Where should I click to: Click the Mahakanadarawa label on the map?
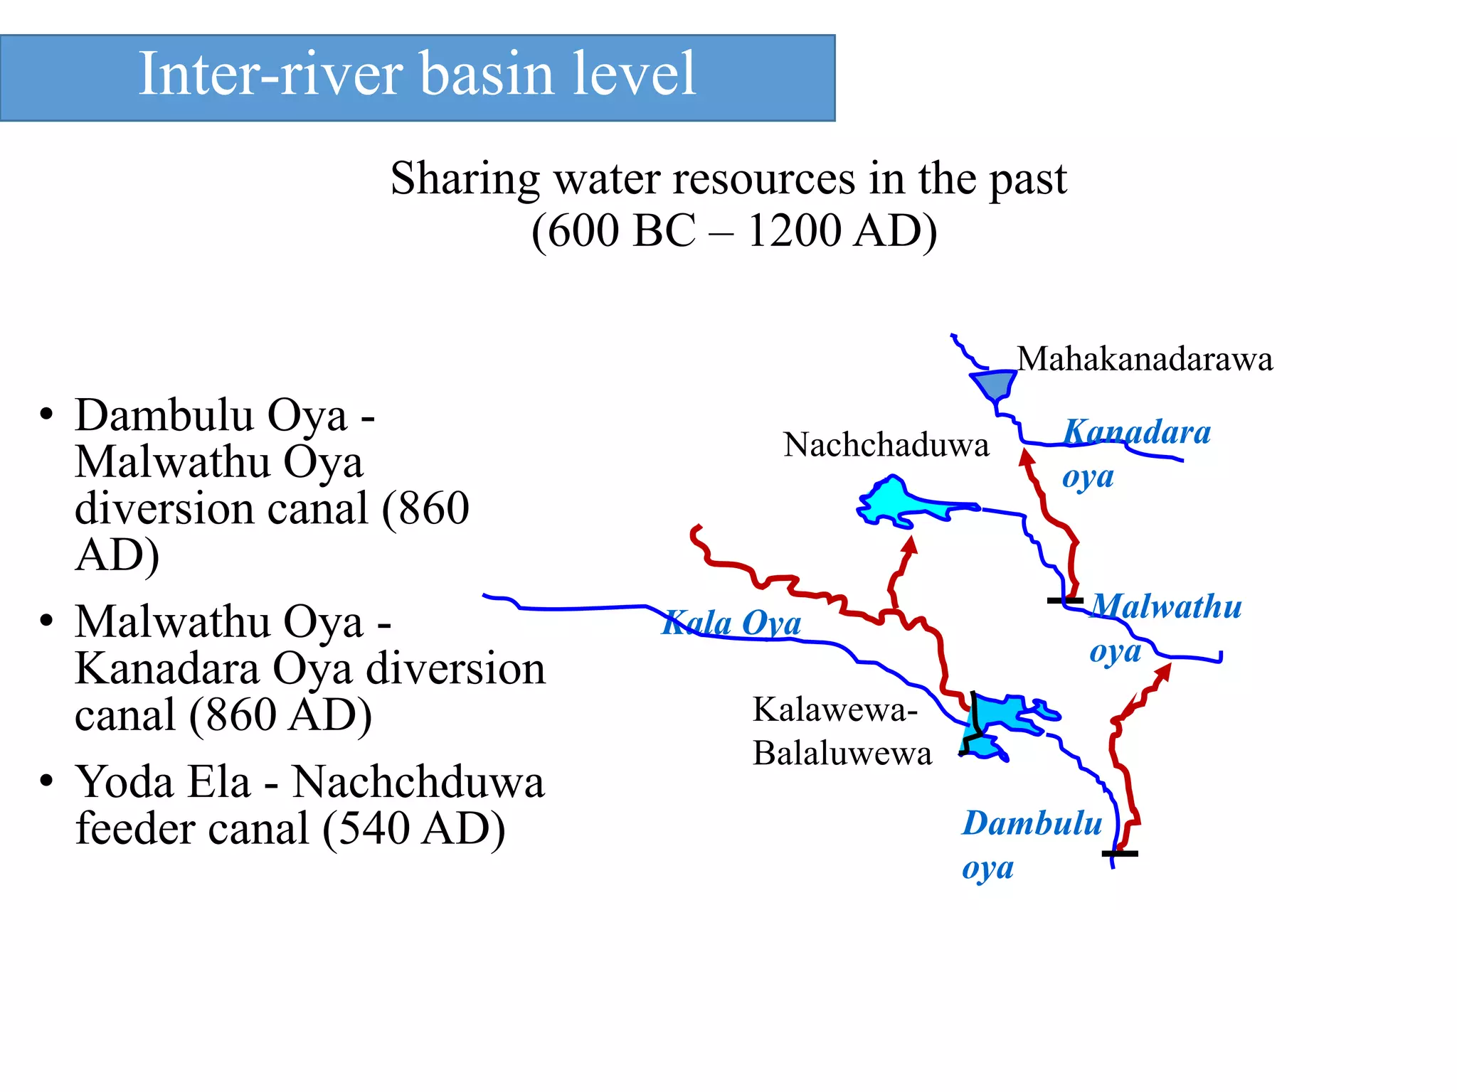tap(1145, 359)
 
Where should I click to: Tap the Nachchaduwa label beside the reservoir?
tap(886, 445)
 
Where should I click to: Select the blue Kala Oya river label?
tap(732, 623)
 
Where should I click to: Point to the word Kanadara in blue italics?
tap(1137, 432)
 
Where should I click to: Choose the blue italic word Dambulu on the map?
tap(1032, 823)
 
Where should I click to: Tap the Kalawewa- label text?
tap(835, 710)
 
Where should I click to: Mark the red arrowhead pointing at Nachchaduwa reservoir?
tap(910, 545)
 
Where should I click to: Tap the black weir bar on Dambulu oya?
tap(1120, 853)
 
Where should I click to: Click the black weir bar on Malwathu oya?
tap(1065, 601)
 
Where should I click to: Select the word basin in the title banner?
tap(487, 74)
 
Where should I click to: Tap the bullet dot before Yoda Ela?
tap(47, 781)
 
